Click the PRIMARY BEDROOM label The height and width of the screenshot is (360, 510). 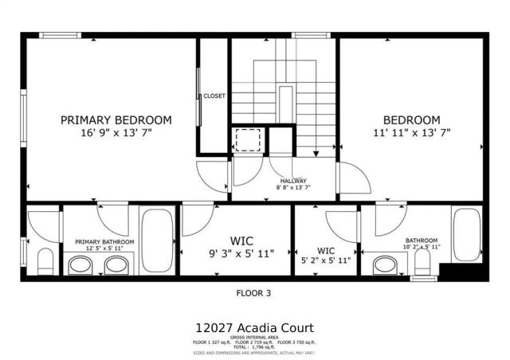[116, 120]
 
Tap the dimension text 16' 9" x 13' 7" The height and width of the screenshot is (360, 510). [116, 133]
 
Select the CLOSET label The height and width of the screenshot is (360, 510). [214, 96]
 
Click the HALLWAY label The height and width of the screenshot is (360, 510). [293, 181]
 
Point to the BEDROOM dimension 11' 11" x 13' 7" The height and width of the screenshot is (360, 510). [410, 133]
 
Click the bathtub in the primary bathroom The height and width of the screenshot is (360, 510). [156, 239]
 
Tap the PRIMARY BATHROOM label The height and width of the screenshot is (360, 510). [105, 241]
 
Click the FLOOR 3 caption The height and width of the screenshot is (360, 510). [254, 293]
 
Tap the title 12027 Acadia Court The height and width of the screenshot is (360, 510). [254, 327]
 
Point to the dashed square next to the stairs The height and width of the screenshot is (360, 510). [248, 140]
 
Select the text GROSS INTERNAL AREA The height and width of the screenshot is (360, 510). [255, 338]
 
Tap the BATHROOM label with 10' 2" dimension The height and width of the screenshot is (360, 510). [422, 241]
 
